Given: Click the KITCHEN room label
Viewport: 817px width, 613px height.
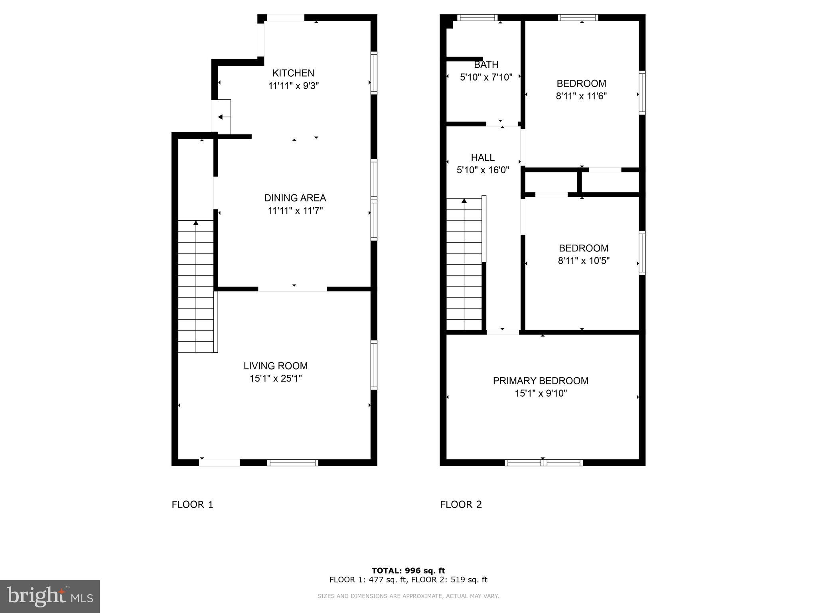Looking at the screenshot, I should (x=293, y=73).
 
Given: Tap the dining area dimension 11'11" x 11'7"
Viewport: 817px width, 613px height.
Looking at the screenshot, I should (x=295, y=211).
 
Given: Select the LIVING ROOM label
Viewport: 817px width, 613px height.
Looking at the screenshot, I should (x=276, y=366).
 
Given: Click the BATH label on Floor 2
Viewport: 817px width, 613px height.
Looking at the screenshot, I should (x=486, y=65).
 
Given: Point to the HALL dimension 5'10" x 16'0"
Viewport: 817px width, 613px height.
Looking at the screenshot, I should (x=483, y=170).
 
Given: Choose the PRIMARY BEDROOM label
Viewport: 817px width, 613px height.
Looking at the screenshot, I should (x=541, y=381).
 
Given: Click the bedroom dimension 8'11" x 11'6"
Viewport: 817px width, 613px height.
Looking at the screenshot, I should (x=581, y=96).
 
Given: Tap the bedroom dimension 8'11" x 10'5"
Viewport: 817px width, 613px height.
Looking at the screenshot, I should (x=584, y=261).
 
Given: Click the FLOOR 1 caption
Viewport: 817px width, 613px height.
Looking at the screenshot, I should (x=192, y=504).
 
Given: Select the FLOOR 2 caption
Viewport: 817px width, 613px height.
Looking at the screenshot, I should (x=461, y=504).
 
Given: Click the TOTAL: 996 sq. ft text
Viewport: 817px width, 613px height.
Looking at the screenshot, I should (x=408, y=571).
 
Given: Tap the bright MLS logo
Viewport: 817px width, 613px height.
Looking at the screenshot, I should (x=49, y=596).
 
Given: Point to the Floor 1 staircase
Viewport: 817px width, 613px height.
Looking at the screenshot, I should (x=195, y=286).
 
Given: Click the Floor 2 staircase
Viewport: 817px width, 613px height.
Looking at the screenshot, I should (x=464, y=264).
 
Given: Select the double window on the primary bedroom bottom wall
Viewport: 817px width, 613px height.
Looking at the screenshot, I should (x=543, y=463).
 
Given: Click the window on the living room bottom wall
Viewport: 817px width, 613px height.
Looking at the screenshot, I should (x=292, y=463).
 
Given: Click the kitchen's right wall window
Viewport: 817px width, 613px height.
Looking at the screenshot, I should (x=374, y=73).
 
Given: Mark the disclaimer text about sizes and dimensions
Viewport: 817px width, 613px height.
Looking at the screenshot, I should (x=408, y=596).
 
